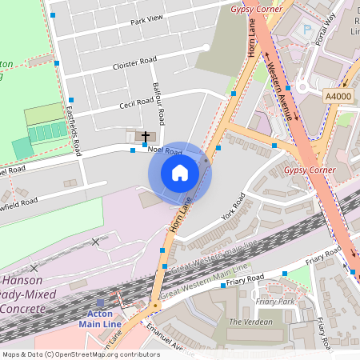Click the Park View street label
coord(146,20)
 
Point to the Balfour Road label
coord(160,102)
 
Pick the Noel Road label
coord(165,150)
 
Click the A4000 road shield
coord(338,95)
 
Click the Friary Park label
coord(274,302)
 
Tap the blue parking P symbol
coord(306,30)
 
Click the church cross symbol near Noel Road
coord(145,137)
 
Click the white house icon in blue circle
coord(179,173)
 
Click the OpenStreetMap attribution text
coord(80,354)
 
